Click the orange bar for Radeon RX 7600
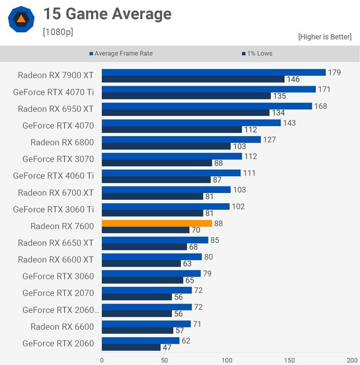coord(157,223)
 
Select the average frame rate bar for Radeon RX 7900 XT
coord(214,72)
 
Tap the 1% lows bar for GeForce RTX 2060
coord(131,348)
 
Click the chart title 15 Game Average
coord(107,14)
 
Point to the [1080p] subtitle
coord(58,32)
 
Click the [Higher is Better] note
coord(325,36)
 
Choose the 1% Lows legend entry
coord(256,53)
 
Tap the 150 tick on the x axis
coord(289,359)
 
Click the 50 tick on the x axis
coord(164,359)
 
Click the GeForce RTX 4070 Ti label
coord(53,92)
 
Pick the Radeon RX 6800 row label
coord(62,142)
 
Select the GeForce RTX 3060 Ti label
coord(53,209)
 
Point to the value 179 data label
coord(334,72)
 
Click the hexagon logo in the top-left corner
coord(20,19)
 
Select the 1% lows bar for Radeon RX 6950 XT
coord(185,112)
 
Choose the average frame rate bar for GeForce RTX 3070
coord(171,156)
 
